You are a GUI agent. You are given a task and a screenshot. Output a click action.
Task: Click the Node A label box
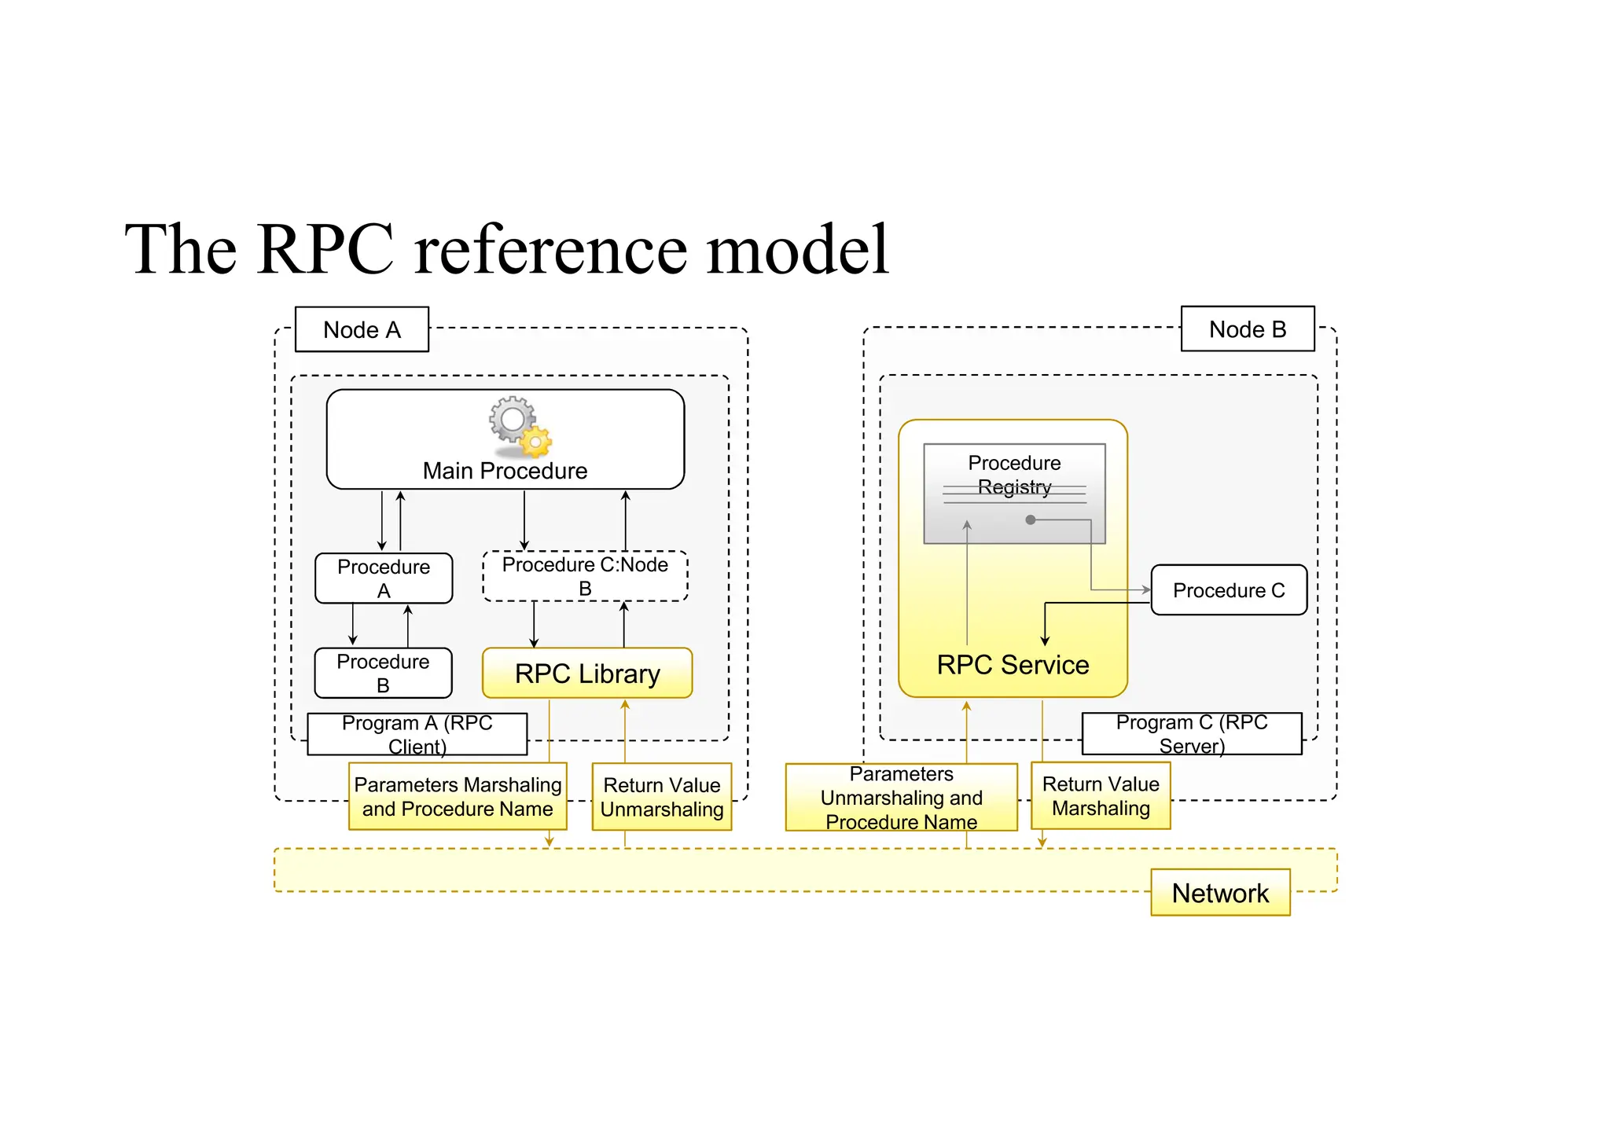(362, 329)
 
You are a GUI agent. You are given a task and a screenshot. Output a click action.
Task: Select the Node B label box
(1248, 329)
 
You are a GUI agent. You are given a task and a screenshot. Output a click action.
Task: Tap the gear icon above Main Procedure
(519, 426)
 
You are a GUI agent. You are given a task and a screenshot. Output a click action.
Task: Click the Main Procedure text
(505, 471)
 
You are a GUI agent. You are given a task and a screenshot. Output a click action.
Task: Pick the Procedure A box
(384, 578)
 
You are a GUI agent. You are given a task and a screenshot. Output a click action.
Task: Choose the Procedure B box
(383, 673)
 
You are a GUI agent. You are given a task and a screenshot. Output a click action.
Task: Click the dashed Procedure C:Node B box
(585, 576)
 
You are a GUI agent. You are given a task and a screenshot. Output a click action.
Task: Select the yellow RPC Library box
(587, 674)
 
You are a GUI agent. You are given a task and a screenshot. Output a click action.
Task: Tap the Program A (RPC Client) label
(417, 734)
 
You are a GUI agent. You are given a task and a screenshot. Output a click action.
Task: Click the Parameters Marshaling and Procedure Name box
(458, 796)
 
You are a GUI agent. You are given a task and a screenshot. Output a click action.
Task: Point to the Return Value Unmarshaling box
(662, 797)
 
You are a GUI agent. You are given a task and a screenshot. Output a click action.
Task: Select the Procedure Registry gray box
(1014, 494)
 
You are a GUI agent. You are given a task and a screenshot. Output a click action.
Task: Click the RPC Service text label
(1013, 665)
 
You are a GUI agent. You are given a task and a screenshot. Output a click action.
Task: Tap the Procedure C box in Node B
(1229, 590)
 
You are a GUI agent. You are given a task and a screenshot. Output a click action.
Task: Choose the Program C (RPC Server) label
(1192, 733)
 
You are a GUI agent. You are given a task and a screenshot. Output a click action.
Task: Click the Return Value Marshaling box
(1101, 795)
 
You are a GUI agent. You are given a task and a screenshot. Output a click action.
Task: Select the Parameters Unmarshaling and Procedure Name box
(901, 798)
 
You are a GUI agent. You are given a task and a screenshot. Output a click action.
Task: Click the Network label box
(1220, 893)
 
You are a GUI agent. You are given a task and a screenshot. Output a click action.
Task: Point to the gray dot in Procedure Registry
(1031, 519)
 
